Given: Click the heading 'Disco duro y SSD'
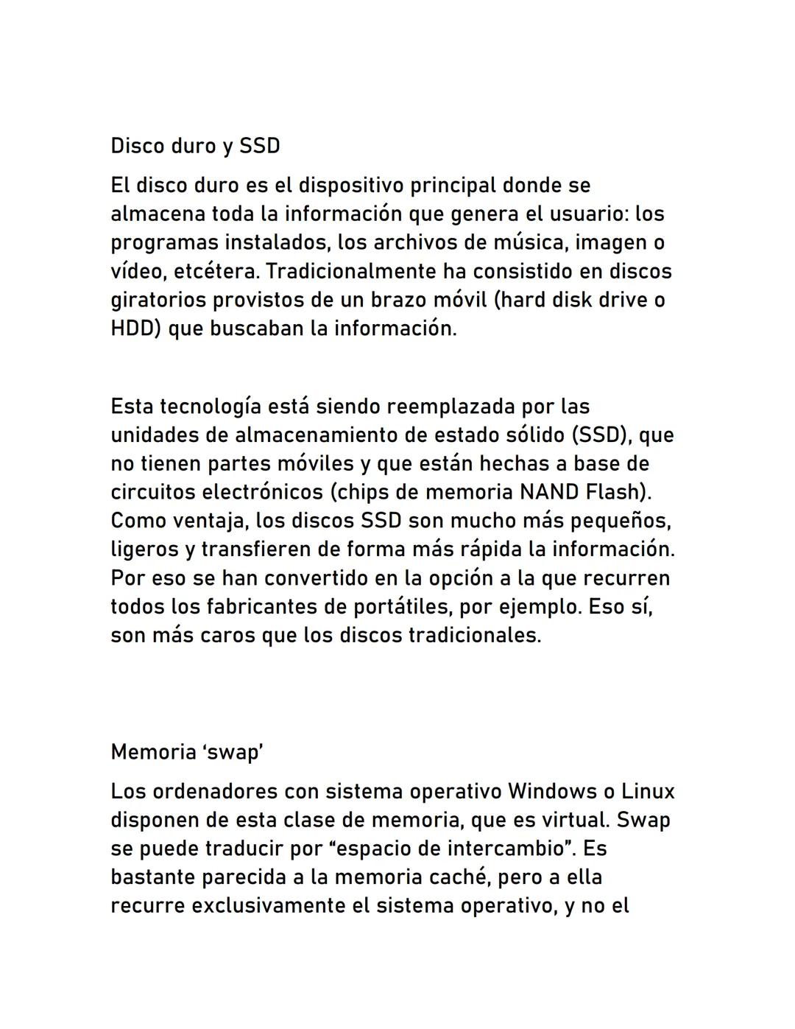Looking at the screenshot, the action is (195, 146).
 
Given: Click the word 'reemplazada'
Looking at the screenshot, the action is (451, 407).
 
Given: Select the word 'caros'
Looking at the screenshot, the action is (225, 636).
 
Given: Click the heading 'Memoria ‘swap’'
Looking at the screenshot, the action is (187, 752).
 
